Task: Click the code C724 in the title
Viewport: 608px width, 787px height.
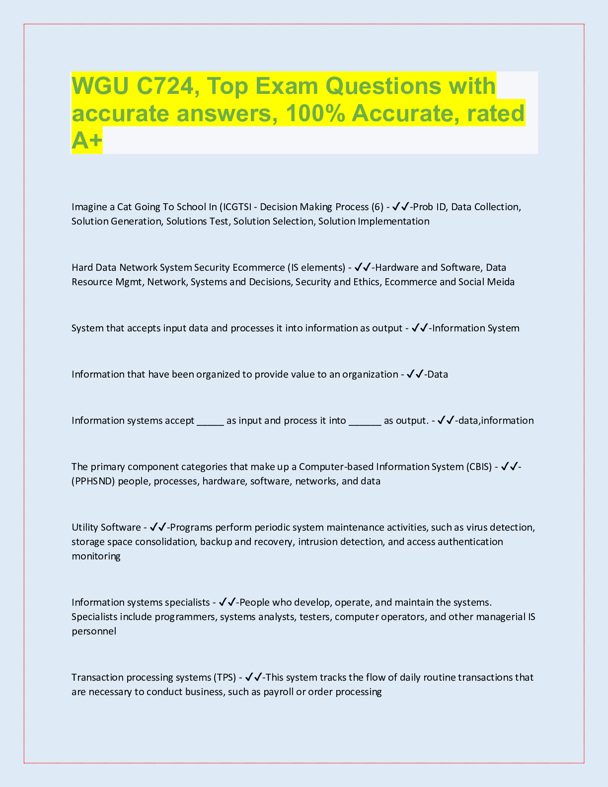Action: (x=164, y=86)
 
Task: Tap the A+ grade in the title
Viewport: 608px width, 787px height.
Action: (x=87, y=140)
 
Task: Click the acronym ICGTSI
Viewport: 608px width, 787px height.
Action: (x=237, y=207)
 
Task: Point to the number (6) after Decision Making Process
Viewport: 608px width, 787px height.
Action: (x=378, y=207)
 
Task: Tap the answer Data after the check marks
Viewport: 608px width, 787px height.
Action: (x=438, y=374)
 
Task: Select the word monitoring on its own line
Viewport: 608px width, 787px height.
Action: (x=96, y=556)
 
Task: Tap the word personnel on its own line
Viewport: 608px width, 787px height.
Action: (x=94, y=631)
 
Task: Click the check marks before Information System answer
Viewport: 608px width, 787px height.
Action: (x=420, y=328)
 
